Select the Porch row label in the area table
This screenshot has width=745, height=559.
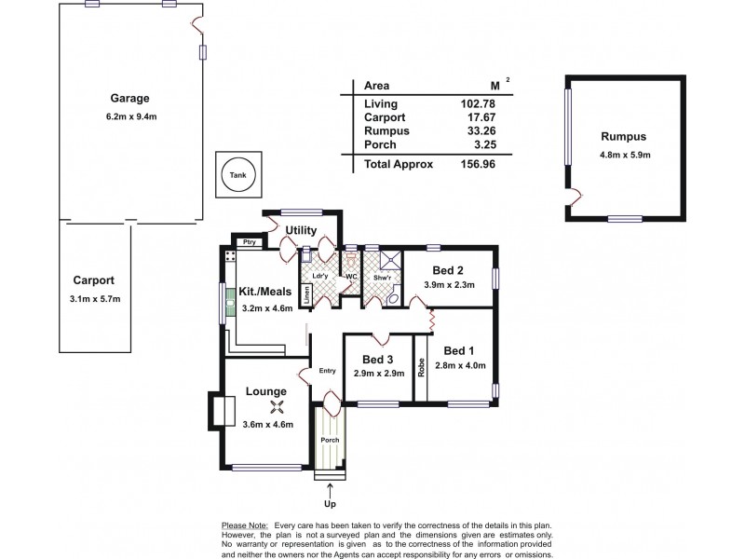[x=380, y=144]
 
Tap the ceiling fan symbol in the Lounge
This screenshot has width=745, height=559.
[x=276, y=405]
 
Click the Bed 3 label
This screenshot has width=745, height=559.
[x=377, y=359]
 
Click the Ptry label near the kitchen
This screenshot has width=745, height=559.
[x=249, y=242]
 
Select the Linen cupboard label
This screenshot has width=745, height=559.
[x=305, y=296]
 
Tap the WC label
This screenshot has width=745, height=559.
[x=352, y=277]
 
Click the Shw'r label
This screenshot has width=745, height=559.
[x=381, y=277]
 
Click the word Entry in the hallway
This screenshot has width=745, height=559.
[x=327, y=371]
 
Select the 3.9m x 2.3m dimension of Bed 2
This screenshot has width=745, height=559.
[x=449, y=284]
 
